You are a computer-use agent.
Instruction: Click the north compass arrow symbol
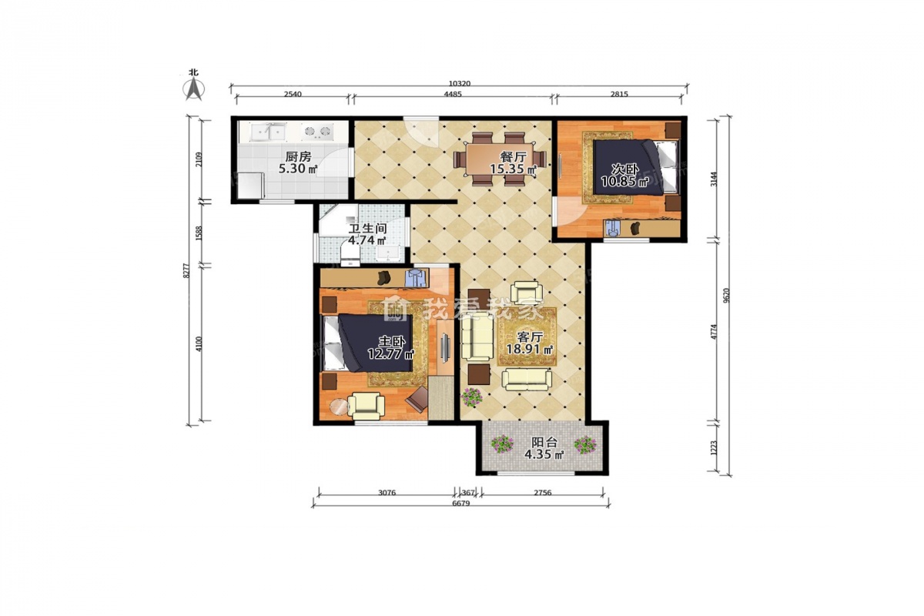coord(194,89)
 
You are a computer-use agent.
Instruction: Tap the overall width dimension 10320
coord(460,83)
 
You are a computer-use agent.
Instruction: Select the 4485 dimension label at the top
coord(453,94)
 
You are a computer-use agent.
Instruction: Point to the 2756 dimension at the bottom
coord(542,492)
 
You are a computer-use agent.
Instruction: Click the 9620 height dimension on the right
coord(726,295)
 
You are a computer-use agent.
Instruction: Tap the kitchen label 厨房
coord(298,157)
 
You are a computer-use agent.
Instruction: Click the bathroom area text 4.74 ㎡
coord(367,240)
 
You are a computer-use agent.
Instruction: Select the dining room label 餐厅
coord(513,157)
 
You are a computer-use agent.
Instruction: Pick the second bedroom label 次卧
coord(625,169)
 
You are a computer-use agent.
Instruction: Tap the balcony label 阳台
coord(544,443)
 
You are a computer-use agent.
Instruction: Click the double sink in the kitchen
coord(269,131)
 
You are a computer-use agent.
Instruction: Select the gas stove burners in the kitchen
coord(318,131)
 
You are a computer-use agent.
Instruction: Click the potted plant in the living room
coord(471,397)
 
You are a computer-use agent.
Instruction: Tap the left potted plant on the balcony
coord(501,444)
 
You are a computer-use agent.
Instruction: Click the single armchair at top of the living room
coord(524,293)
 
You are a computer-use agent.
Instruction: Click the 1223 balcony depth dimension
coord(714,447)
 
